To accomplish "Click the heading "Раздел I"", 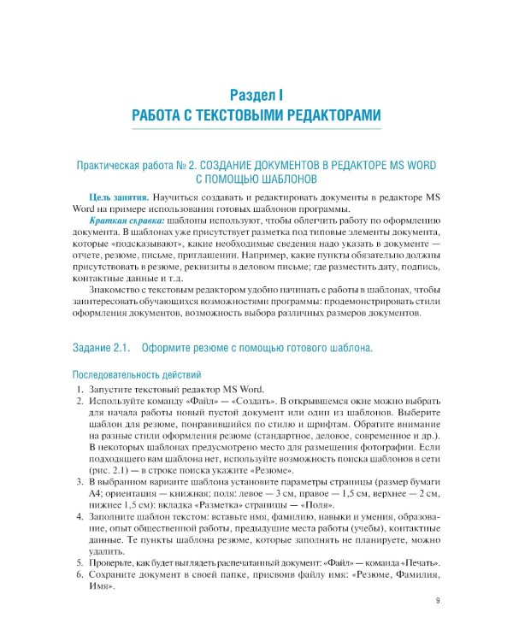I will (256, 93).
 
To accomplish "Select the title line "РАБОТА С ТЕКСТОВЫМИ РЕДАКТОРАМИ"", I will (256, 115).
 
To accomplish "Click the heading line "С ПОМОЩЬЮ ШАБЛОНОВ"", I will (256, 179).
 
